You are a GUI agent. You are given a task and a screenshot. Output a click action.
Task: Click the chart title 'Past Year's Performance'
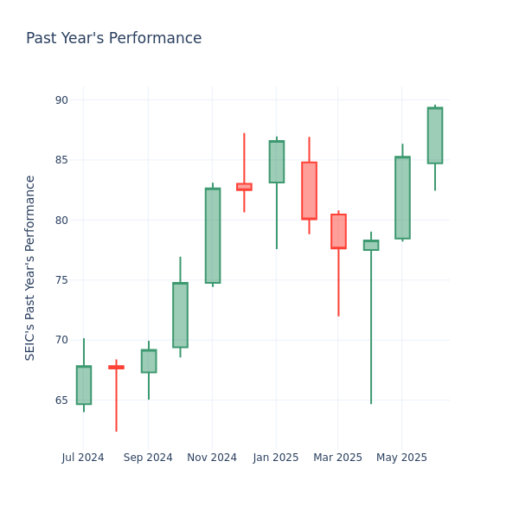[113, 39]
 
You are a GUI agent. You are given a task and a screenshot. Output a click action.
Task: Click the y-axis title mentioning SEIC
[30, 267]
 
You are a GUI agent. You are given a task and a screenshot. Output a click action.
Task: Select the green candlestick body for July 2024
[84, 385]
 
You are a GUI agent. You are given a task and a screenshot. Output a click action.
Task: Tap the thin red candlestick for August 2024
[116, 367]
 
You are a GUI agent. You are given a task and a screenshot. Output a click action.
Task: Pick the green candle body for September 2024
[149, 361]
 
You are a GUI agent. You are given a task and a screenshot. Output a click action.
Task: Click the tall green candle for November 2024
[213, 235]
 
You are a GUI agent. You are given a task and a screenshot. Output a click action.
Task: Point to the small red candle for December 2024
[244, 186]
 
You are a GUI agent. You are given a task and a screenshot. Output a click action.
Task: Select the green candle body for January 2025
[277, 162]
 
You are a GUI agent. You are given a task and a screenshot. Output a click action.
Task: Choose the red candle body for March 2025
[338, 231]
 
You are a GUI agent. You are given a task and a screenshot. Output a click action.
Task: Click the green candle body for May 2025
[402, 197]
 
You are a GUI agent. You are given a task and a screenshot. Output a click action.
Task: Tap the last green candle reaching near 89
[435, 135]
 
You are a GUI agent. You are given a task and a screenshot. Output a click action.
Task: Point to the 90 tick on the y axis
[61, 100]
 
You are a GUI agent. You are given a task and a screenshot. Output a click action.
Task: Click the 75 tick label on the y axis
[61, 280]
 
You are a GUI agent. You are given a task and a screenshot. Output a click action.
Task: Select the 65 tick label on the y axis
[61, 400]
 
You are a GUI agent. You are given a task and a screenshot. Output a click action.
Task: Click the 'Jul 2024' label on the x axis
[83, 458]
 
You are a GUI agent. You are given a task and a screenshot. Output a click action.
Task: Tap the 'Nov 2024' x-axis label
[212, 458]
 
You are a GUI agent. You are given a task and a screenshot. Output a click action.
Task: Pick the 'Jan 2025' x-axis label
[276, 458]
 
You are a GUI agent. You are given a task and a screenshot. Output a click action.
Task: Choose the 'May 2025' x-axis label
[402, 458]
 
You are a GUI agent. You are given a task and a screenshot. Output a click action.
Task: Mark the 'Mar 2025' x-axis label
[337, 458]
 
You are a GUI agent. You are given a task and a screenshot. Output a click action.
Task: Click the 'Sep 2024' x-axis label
[148, 458]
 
